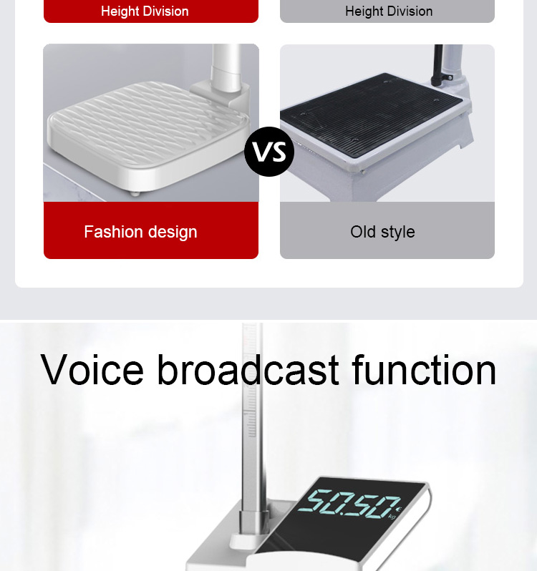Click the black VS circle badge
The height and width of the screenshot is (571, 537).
[268, 152]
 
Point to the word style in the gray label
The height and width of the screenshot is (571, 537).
[399, 232]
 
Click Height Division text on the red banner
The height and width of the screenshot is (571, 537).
[145, 11]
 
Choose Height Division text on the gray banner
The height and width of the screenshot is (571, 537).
[389, 11]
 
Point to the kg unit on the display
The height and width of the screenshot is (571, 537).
[392, 515]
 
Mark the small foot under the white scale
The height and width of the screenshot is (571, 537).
[135, 193]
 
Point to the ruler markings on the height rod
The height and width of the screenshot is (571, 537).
[250, 401]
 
